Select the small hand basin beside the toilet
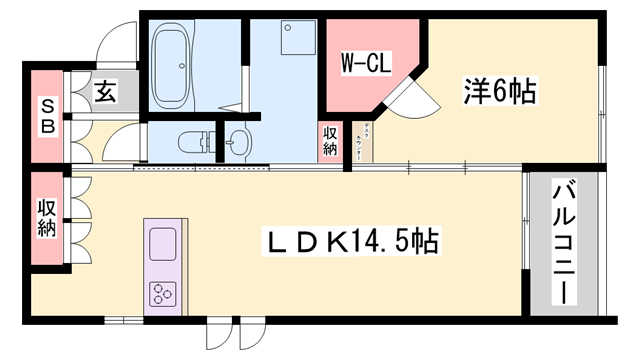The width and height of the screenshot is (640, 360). click(237, 141)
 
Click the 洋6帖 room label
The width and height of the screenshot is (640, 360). click(498, 92)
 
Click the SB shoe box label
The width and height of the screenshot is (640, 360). click(46, 114)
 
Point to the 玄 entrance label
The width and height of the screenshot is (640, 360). click(104, 93)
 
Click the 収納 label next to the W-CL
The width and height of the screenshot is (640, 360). click(330, 141)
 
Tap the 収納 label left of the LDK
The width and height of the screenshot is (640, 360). click(46, 218)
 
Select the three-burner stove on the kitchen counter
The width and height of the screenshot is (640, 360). click(162, 293)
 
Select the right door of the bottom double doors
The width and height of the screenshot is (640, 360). click(250, 334)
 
